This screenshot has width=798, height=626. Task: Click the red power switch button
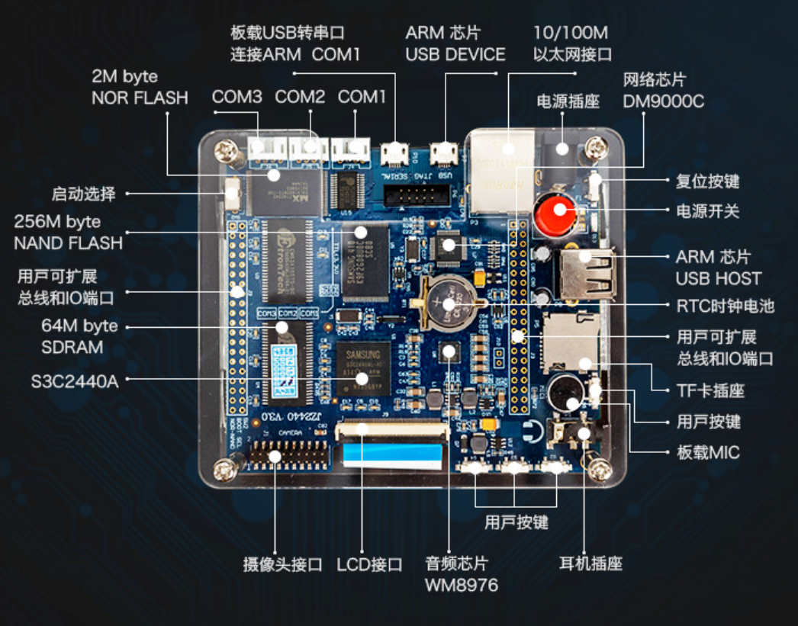555,214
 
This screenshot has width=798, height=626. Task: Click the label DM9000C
663,101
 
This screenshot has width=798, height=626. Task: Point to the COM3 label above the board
237,97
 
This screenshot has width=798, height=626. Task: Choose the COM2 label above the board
300,97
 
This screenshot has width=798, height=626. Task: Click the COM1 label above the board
362,97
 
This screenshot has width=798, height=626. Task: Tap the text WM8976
462,586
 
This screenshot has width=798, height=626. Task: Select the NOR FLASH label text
140,98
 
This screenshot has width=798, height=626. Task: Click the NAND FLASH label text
68,243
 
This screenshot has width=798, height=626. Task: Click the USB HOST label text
718,279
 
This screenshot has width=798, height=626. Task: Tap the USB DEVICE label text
455,55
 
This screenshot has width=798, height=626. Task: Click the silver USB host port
587,274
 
